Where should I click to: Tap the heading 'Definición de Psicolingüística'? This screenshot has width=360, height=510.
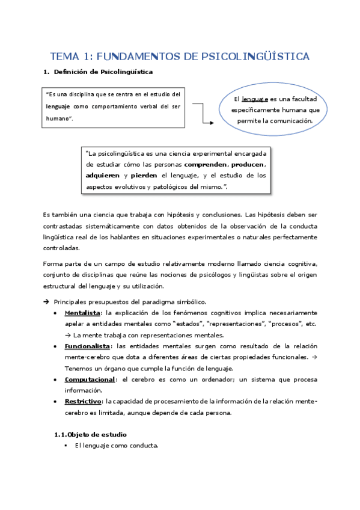pos(103,73)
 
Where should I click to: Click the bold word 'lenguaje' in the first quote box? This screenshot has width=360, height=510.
pos(58,106)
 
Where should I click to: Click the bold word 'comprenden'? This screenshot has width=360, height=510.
pos(206,164)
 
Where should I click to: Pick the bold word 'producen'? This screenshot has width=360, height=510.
pos(248,164)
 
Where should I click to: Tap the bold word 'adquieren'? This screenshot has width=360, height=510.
pos(103,176)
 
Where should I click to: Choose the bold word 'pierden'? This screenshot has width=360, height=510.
pos(144,176)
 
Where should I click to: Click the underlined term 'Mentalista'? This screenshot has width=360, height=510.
pos(82,313)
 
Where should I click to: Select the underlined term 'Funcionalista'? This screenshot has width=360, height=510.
pos(87,346)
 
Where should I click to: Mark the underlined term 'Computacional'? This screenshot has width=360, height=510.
pos(89,379)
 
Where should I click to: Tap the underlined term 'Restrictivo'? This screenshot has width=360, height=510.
pos(83,401)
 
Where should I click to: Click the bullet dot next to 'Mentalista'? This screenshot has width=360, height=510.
pos(56,314)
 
